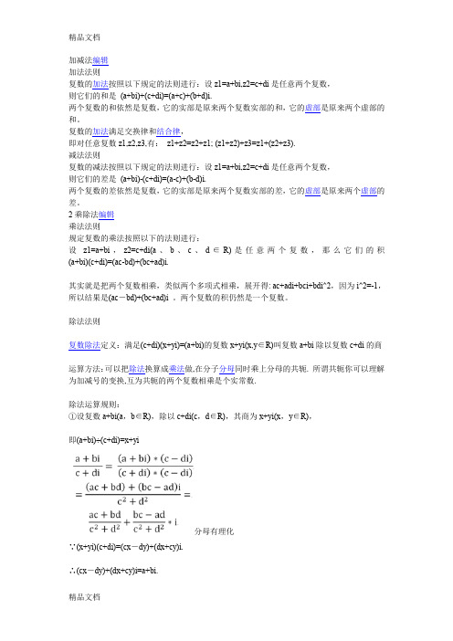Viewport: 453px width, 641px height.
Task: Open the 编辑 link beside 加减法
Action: click(x=100, y=58)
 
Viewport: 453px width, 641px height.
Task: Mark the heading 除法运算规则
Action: click(x=94, y=377)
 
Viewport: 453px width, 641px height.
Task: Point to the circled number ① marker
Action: click(x=74, y=390)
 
